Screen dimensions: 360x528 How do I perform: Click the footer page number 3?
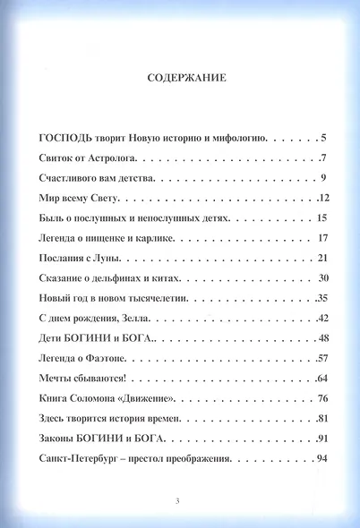click(x=178, y=498)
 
